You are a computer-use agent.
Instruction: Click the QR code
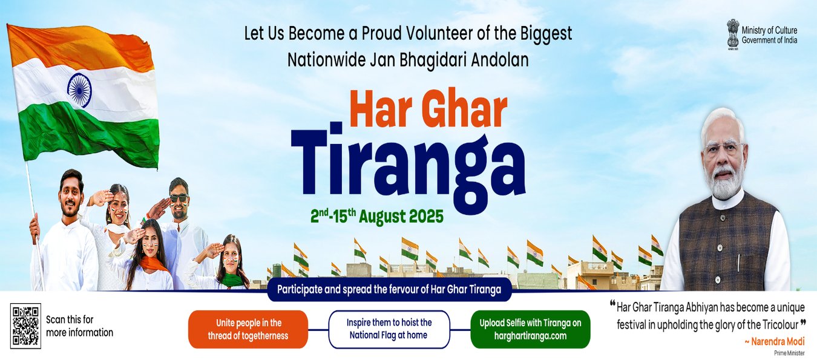(x=25, y=326)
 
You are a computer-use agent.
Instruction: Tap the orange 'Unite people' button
(x=248, y=329)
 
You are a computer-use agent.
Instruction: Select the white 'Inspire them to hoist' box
(x=389, y=329)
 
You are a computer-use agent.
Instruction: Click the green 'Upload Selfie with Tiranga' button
(x=530, y=329)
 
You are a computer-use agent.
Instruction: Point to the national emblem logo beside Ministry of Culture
(x=733, y=34)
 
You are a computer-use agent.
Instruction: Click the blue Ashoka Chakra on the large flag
(x=79, y=90)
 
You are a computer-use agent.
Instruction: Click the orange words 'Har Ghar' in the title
(x=428, y=109)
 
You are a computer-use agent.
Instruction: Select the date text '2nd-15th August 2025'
(x=377, y=216)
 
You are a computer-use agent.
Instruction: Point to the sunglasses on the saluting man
(x=179, y=198)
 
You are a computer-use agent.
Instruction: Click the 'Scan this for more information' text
(x=79, y=326)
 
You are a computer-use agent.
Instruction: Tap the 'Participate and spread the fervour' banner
(x=389, y=290)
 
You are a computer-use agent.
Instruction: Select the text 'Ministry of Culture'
(x=769, y=30)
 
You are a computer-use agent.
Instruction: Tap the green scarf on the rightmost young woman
(x=232, y=280)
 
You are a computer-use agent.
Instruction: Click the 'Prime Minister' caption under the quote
(x=789, y=353)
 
